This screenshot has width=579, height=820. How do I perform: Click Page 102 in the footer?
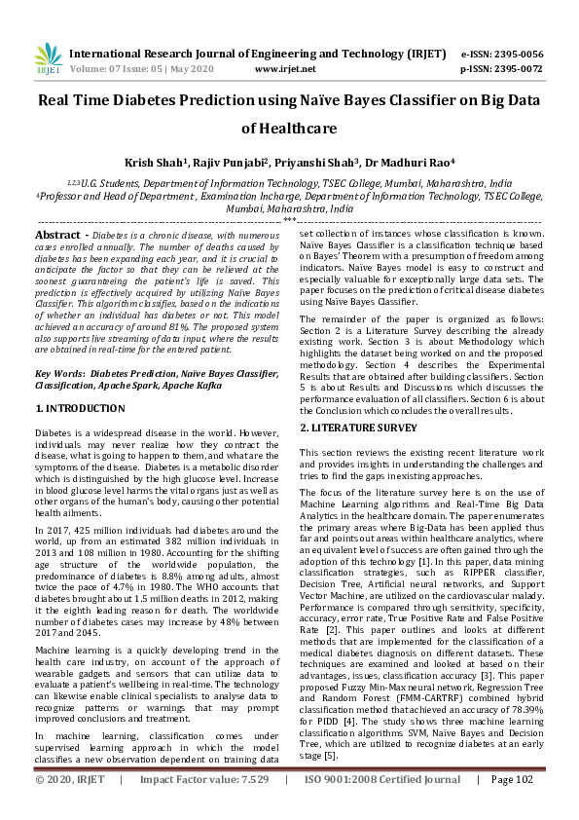click(x=513, y=806)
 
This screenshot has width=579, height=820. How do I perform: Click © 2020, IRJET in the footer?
click(x=70, y=806)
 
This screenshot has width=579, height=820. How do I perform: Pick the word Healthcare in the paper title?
click(x=289, y=128)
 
